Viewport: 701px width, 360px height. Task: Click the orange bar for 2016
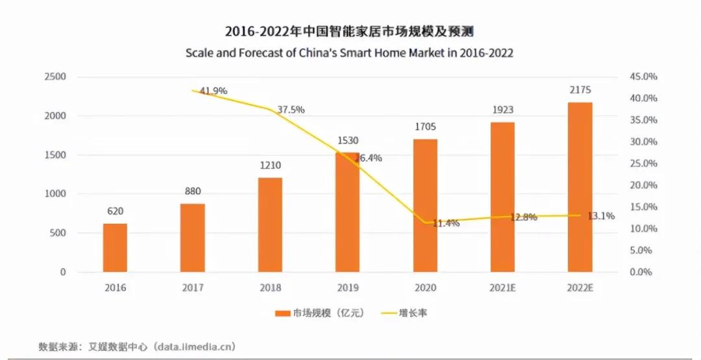(116, 248)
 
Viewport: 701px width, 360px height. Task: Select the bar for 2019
(347, 212)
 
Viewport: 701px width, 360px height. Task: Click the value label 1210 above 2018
(270, 165)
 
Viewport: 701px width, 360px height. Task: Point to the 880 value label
(193, 191)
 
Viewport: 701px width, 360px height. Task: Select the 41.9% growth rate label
(214, 91)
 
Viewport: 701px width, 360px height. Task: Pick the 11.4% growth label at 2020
(446, 223)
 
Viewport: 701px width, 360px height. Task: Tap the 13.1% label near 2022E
(601, 216)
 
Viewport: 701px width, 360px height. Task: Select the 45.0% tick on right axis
(643, 77)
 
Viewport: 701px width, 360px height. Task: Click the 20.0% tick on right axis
(643, 185)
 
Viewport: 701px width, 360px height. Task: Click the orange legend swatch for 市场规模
(282, 313)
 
